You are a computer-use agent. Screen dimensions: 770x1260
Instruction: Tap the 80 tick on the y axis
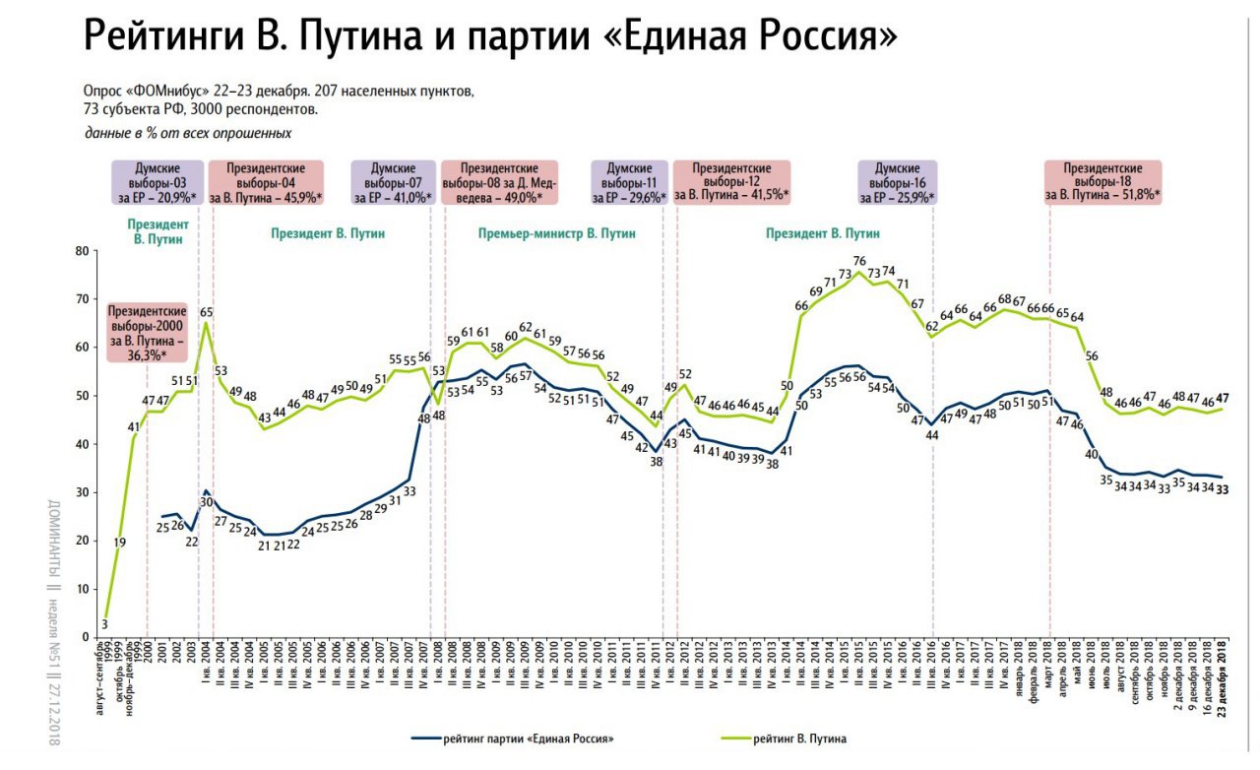coord(82,251)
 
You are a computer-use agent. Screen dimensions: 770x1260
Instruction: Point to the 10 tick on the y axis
coord(82,589)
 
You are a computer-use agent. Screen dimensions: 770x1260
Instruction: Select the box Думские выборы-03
coord(157,183)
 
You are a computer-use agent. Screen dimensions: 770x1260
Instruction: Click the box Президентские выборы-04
coord(266,183)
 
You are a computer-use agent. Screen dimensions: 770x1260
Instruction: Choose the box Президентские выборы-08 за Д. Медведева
coord(499,183)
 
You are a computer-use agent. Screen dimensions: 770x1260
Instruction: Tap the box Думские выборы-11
coord(629,183)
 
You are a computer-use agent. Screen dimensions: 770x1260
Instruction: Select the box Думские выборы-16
coord(898,183)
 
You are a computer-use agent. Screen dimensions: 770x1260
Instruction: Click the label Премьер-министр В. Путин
coord(556,234)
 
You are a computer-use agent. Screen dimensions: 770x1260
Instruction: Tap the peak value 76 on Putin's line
coord(858,261)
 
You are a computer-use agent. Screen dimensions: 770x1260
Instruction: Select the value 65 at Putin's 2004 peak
coord(206,313)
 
